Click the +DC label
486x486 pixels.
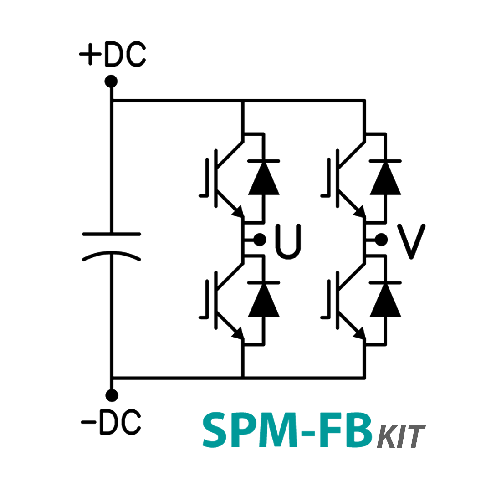click(113, 56)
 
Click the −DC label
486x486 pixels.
click(111, 422)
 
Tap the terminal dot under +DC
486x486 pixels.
click(111, 82)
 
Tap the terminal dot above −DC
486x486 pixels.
click(111, 395)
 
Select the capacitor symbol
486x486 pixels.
click(111, 246)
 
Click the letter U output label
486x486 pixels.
click(288, 240)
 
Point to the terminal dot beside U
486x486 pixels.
click(260, 239)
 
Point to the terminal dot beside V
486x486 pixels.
click(382, 239)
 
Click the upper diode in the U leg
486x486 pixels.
click(263, 178)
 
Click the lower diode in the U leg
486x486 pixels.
click(263, 299)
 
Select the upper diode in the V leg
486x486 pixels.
click(385, 178)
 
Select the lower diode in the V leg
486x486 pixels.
click(385, 299)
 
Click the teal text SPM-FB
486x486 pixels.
click(287, 430)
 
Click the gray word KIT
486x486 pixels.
click(401, 436)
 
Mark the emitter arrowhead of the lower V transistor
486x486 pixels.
click(359, 335)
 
